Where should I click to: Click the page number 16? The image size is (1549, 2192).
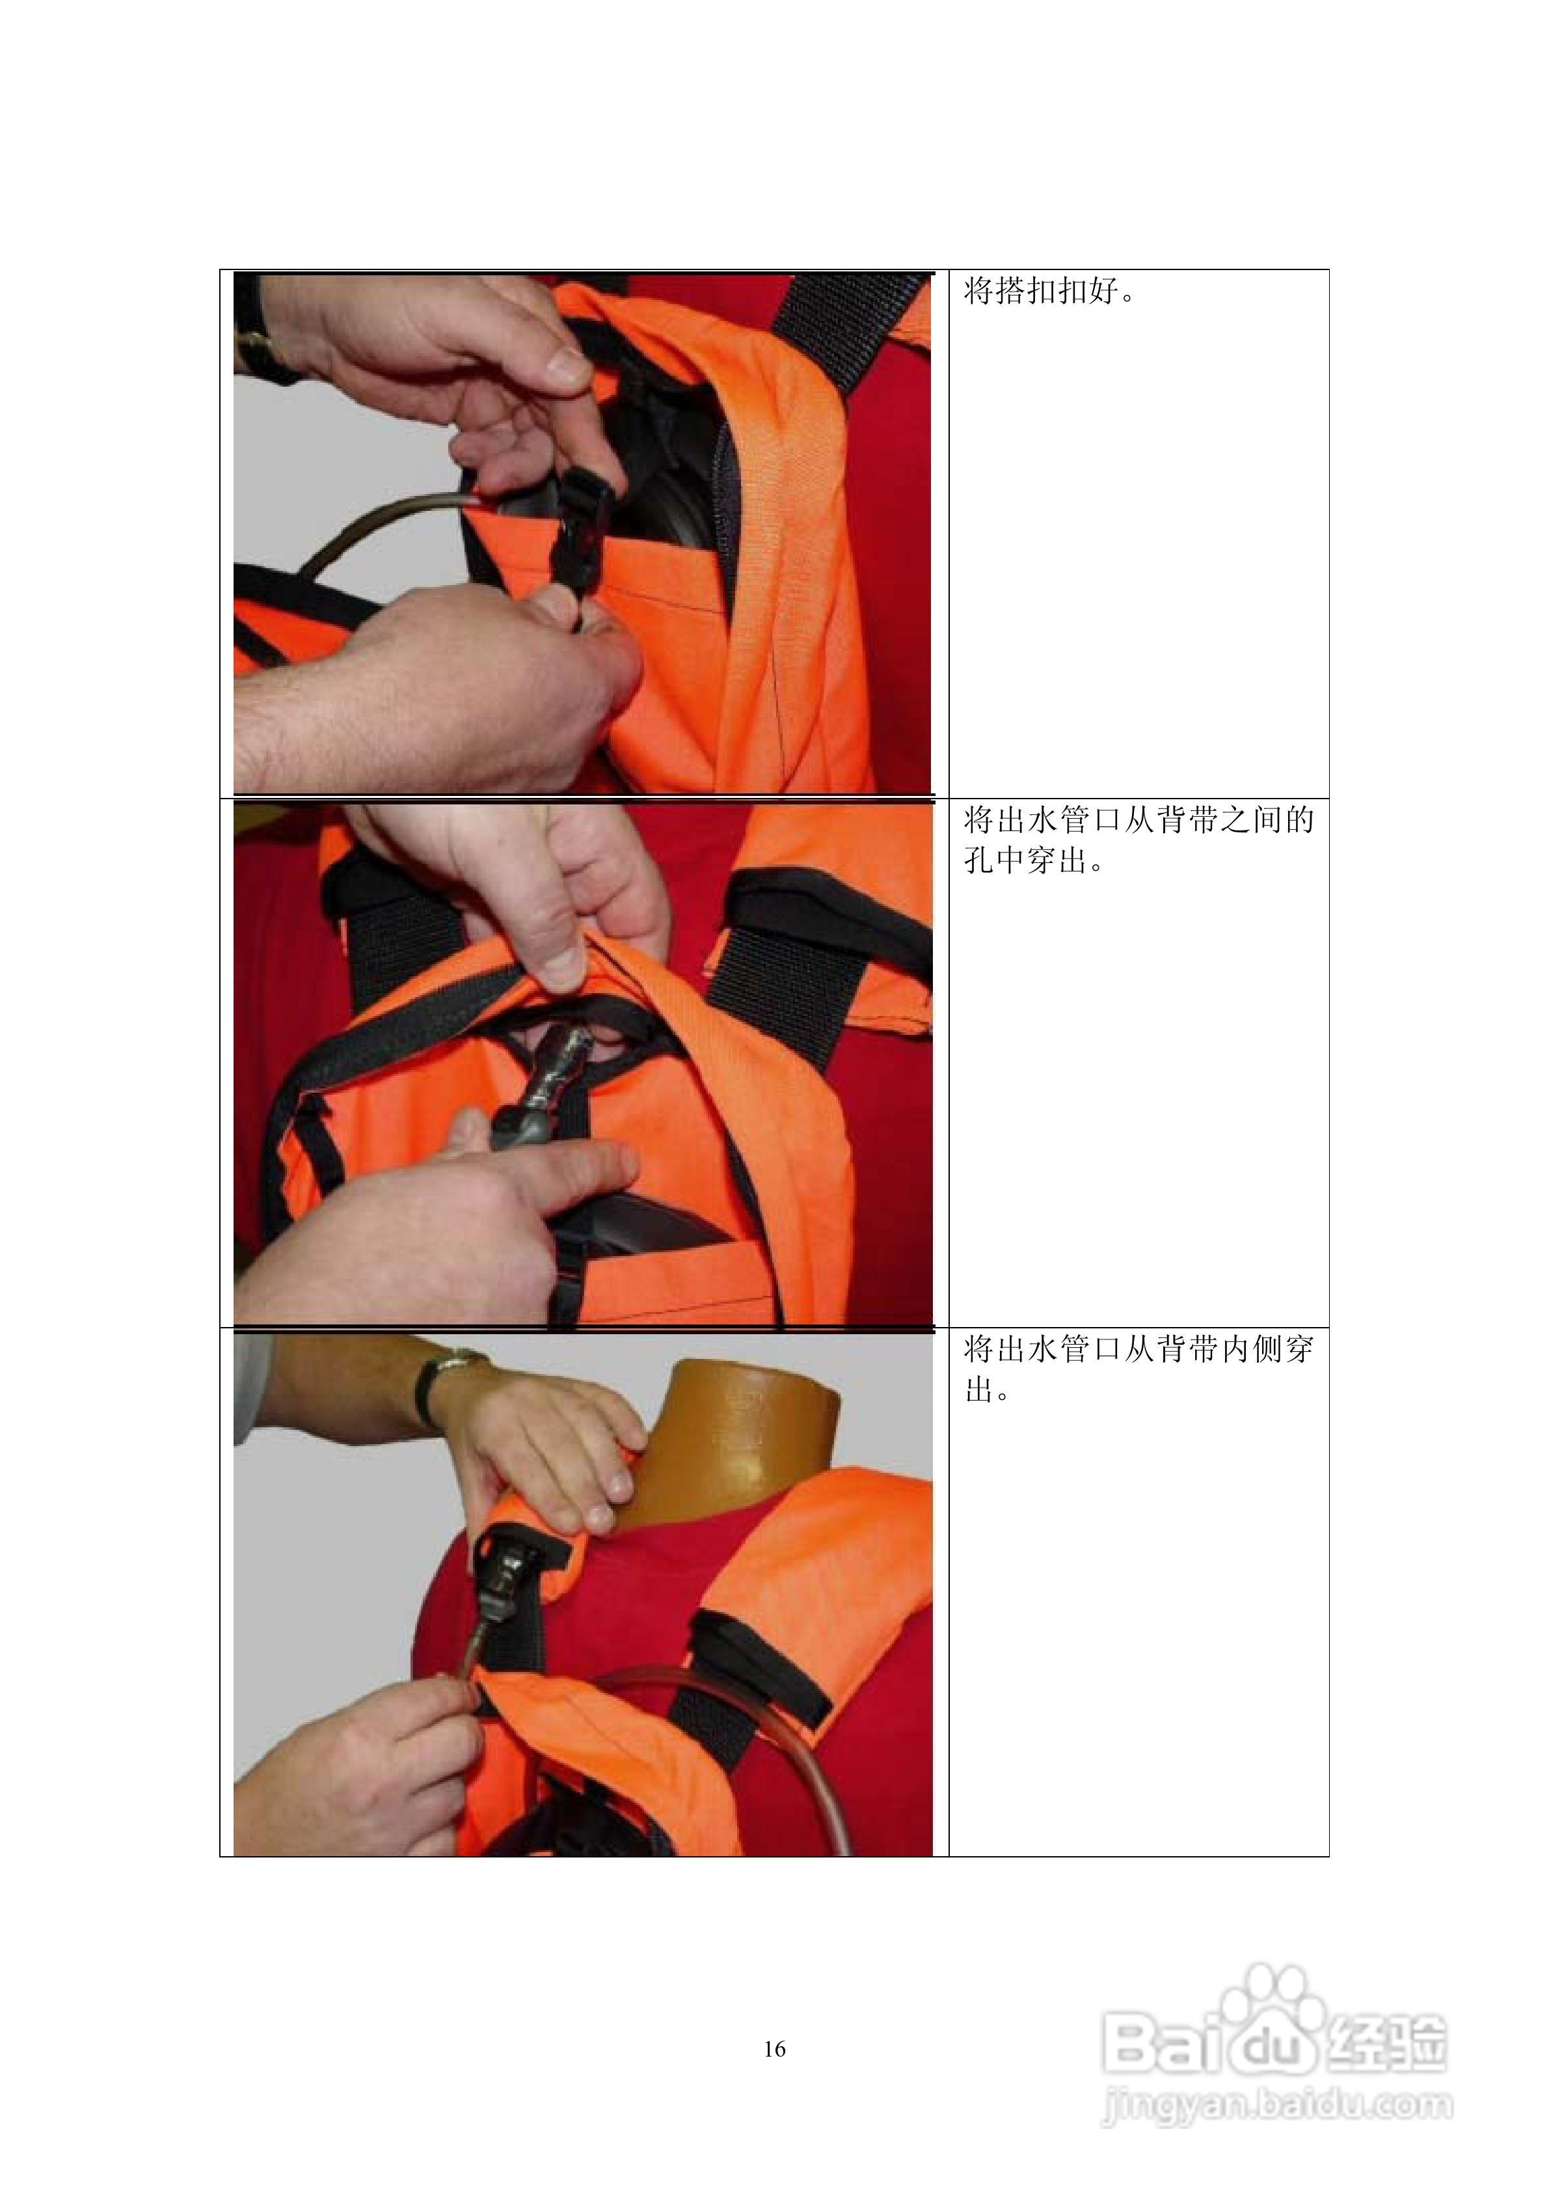pyautogui.click(x=775, y=2048)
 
